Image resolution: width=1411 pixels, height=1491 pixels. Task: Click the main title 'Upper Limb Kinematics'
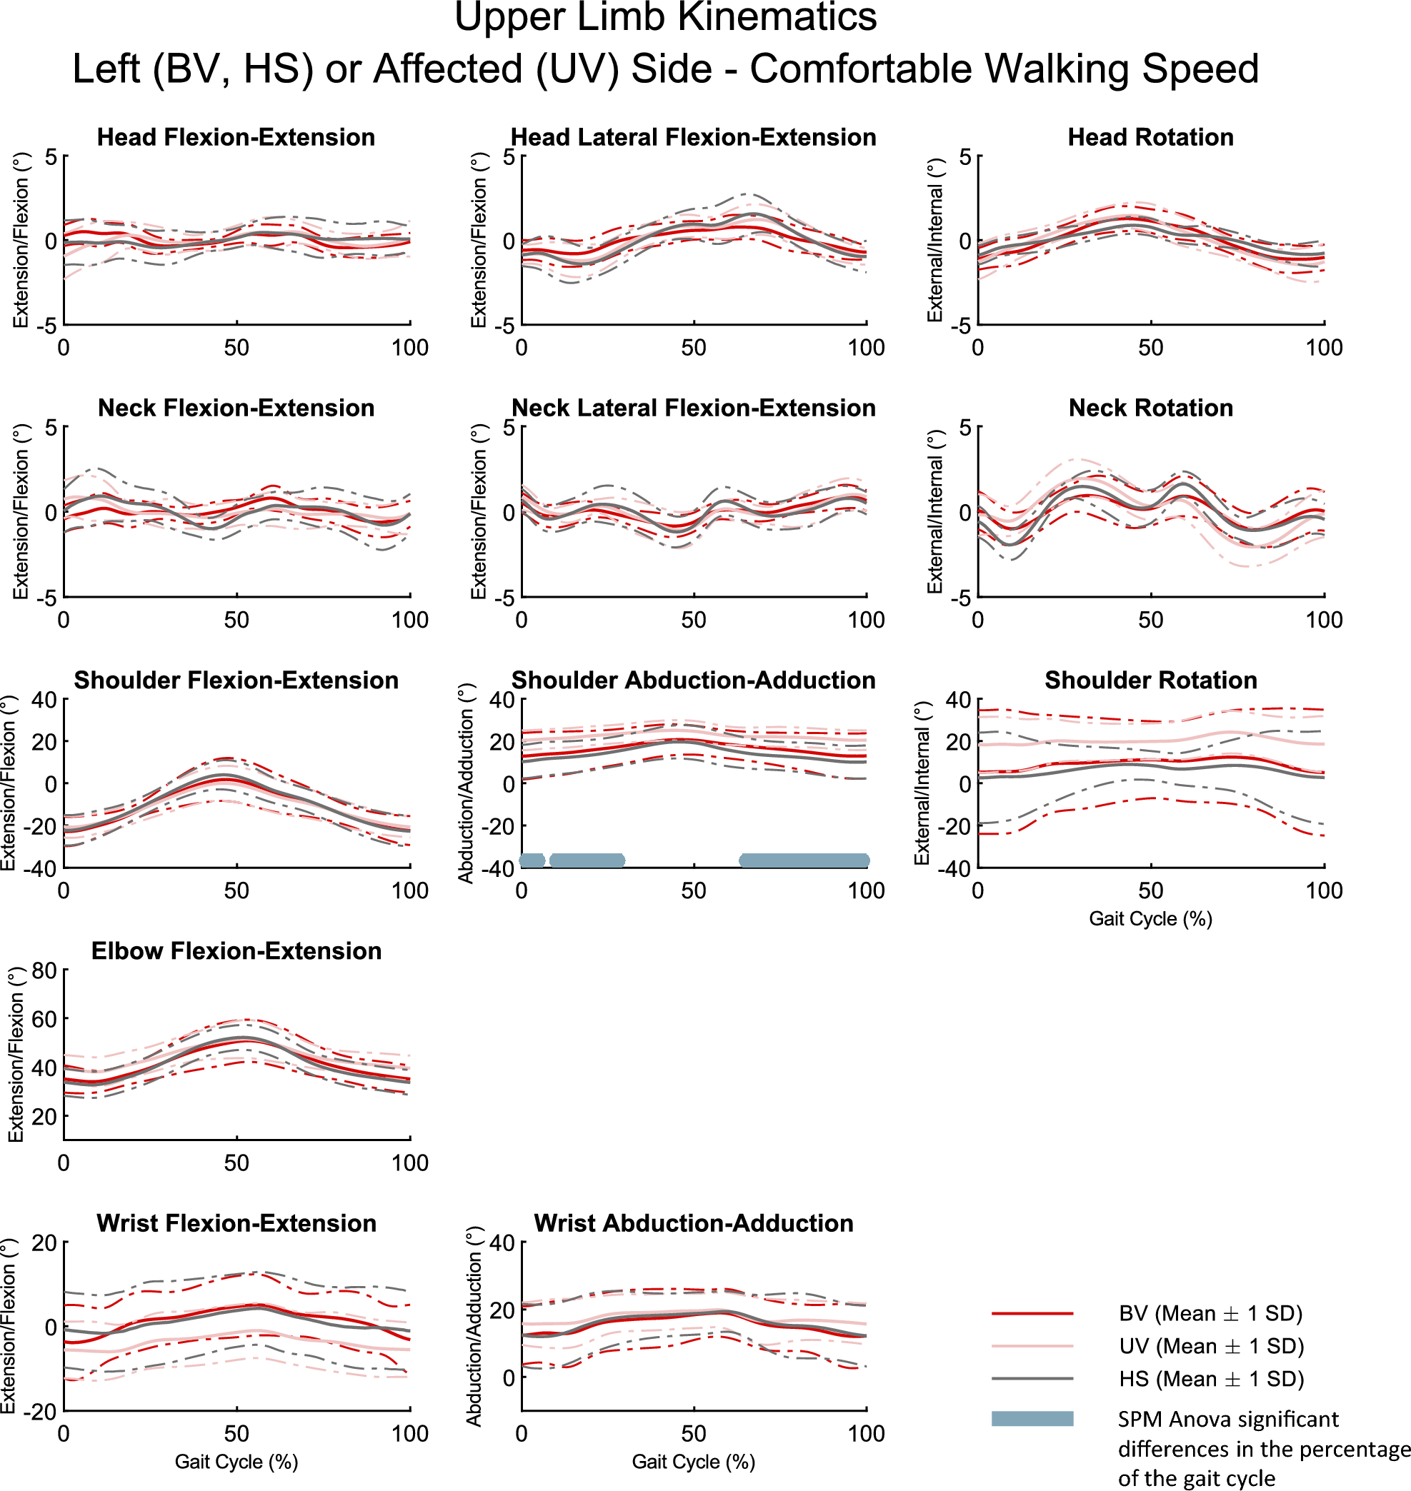tap(665, 18)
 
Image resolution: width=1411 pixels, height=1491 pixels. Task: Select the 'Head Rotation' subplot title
tap(1150, 137)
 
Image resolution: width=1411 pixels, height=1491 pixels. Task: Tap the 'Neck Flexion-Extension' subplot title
tap(236, 408)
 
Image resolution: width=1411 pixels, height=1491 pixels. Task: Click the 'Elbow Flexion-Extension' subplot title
tap(236, 951)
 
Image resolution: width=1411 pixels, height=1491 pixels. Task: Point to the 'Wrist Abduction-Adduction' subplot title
tap(694, 1223)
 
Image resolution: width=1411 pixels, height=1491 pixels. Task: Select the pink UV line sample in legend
tap(1032, 1346)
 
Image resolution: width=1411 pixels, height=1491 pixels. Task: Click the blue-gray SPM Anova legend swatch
tap(1032, 1419)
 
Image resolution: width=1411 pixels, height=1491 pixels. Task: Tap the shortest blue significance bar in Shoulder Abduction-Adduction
tap(532, 860)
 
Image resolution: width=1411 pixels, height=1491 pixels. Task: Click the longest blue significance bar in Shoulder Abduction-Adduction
tap(804, 860)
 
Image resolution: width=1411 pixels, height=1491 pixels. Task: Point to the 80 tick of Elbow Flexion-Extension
tap(44, 970)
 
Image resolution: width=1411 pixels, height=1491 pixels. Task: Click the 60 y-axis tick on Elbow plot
tap(44, 1020)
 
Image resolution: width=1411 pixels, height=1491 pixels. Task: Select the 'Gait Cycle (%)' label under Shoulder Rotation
tap(1150, 919)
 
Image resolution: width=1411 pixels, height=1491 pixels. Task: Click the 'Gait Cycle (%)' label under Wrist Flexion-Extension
tap(236, 1462)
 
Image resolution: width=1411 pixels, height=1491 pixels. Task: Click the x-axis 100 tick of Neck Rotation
tap(1323, 621)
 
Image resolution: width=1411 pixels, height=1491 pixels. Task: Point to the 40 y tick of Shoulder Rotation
tap(957, 700)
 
